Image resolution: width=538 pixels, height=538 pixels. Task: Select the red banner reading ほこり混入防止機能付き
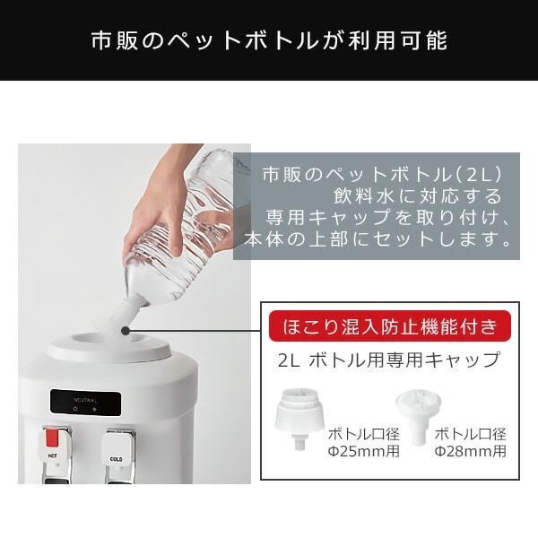pos(390,324)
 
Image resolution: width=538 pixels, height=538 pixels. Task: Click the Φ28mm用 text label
pos(470,451)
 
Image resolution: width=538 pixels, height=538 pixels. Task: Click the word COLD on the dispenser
pos(117,461)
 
